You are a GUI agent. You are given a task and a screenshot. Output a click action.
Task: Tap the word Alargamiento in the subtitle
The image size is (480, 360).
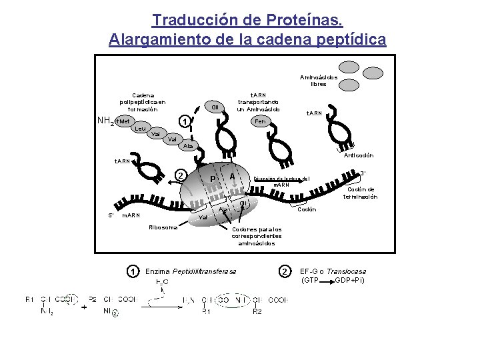click(x=151, y=39)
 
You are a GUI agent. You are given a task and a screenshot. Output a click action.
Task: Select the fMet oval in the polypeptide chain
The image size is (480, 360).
click(x=123, y=121)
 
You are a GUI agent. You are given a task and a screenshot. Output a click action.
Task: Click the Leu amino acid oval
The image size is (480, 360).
click(x=140, y=128)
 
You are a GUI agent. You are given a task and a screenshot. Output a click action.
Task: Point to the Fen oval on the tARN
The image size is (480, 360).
click(x=259, y=121)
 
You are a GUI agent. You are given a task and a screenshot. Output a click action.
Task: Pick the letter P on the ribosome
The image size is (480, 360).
click(x=213, y=179)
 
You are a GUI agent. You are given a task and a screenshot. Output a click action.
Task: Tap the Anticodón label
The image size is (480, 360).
click(x=359, y=155)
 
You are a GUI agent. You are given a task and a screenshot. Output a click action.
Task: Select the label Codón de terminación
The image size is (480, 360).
click(x=361, y=193)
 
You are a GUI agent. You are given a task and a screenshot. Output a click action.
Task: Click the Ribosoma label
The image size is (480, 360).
click(x=163, y=227)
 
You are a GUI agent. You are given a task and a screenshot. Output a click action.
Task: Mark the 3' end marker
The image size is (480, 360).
click(x=363, y=173)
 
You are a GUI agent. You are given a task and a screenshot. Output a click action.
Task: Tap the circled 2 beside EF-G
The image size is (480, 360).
click(x=285, y=271)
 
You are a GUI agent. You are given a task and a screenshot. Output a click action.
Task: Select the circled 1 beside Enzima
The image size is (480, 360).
click(x=133, y=271)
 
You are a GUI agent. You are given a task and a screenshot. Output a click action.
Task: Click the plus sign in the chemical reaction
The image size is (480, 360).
click(x=84, y=308)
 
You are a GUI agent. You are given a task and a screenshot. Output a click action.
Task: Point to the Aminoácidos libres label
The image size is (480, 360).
click(x=319, y=81)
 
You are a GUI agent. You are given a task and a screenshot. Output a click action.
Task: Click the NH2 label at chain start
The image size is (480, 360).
click(x=105, y=121)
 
